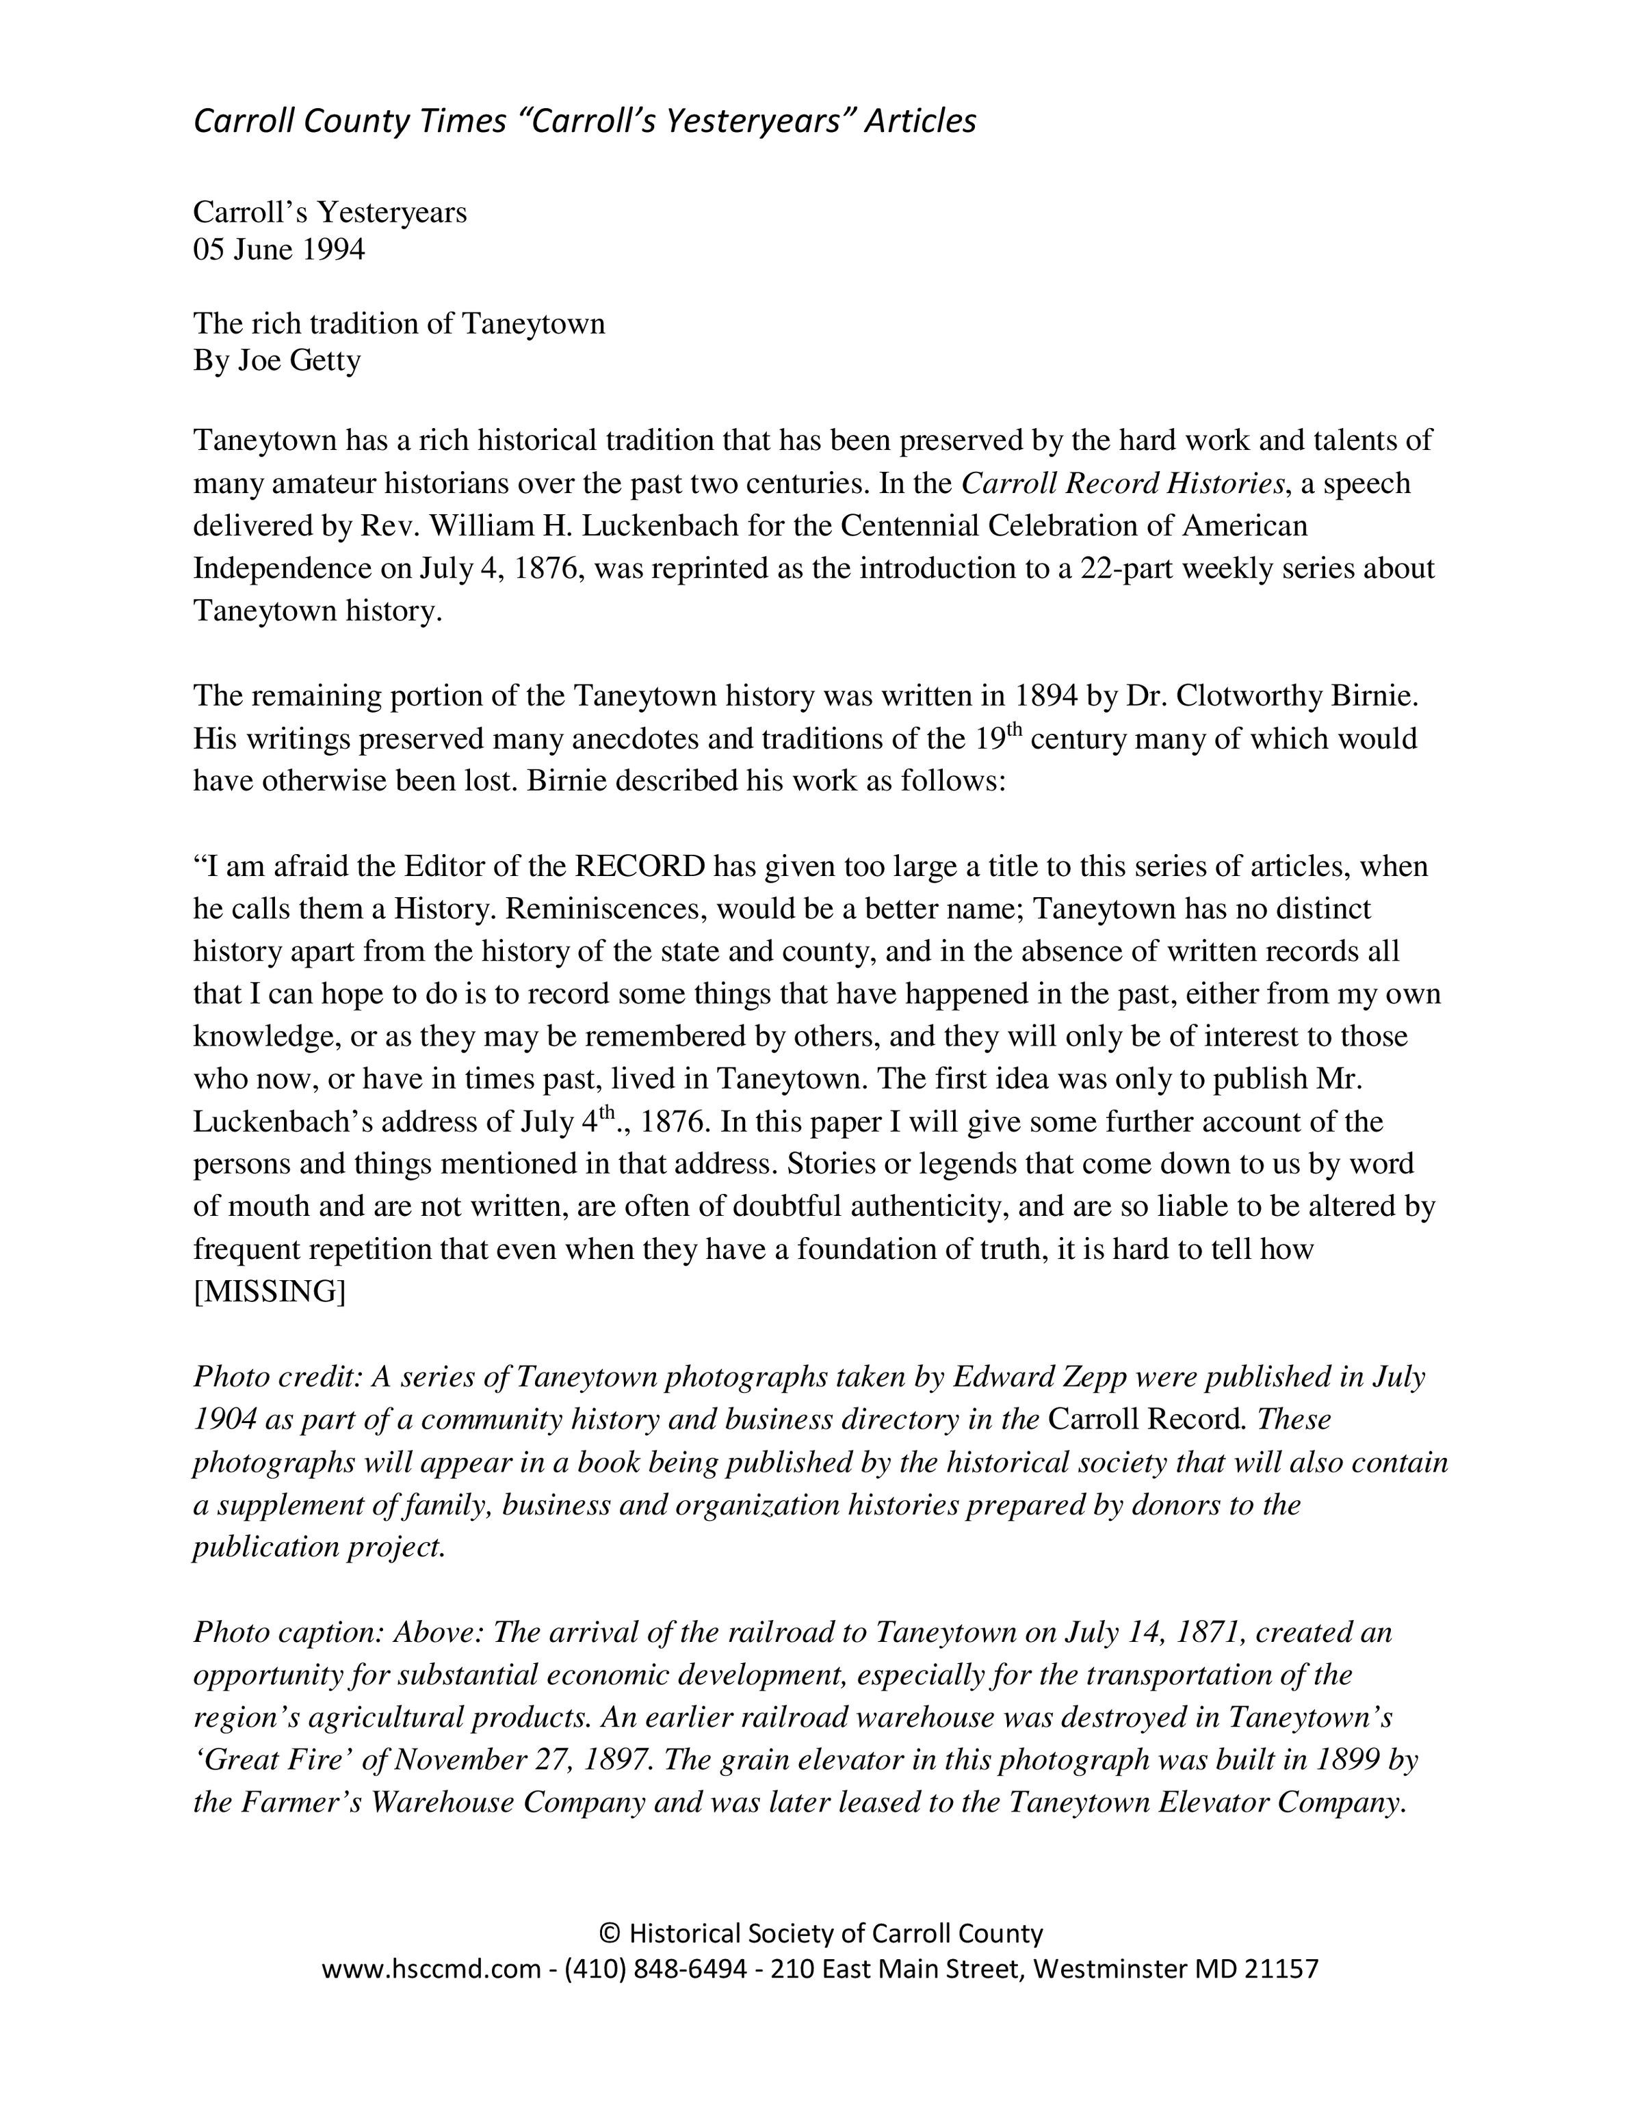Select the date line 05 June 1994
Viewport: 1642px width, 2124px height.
point(279,250)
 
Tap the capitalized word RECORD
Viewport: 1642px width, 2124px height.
point(640,866)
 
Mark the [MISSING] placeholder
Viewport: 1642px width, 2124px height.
point(270,1292)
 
